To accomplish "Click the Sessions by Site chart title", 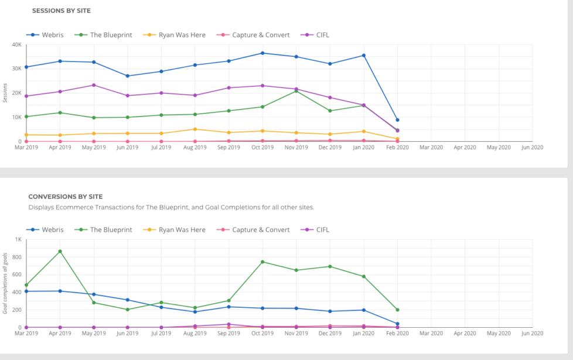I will (61, 11).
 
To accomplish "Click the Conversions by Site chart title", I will (66, 196).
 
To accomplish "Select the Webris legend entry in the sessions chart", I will (52, 35).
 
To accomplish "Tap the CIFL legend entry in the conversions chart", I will (323, 229).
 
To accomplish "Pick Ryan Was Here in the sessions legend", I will (182, 35).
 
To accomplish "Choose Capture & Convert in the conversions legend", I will (261, 229).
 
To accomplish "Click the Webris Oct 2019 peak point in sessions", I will (262, 53).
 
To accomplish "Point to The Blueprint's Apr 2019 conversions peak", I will (60, 252).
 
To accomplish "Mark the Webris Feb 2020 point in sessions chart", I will (397, 120).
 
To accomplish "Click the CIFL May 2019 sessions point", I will (94, 85).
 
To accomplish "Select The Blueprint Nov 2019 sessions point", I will (296, 91).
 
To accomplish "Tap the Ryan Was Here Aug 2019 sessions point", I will (195, 129).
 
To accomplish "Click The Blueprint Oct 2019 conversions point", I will (262, 261).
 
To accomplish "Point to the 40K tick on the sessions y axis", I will (16, 45).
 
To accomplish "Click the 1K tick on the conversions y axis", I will (18, 239).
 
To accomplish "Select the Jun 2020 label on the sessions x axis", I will (532, 147).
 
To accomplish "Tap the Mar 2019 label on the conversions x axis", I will (26, 333).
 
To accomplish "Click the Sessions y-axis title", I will (5, 93).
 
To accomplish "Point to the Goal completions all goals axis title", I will (5, 283).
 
